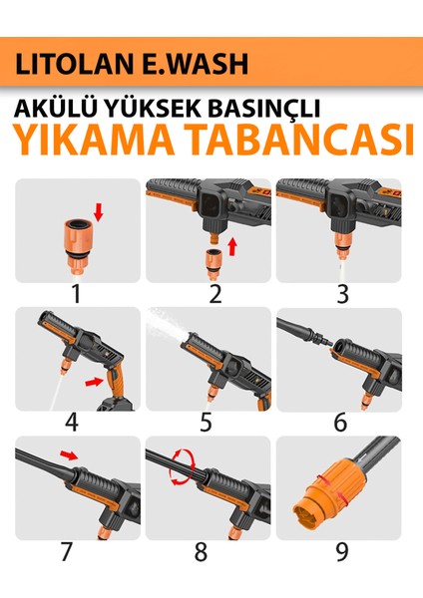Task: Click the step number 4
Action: pyautogui.click(x=71, y=422)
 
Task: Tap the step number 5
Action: pyautogui.click(x=206, y=422)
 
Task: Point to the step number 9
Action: pyautogui.click(x=341, y=551)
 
